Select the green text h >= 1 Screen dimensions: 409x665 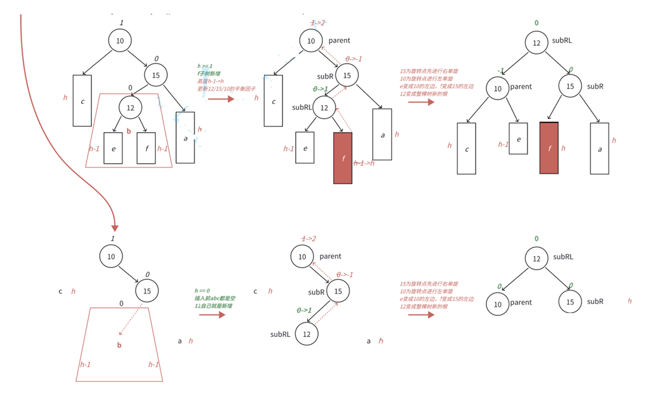pos(204,66)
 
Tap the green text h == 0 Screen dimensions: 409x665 pos(202,291)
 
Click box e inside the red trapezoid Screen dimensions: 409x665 pos(113,148)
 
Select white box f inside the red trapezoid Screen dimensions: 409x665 pos(146,148)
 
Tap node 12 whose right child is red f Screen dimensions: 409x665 pos(325,108)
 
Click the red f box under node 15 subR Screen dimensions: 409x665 pos(549,148)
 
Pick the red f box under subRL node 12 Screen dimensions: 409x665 pos(343,158)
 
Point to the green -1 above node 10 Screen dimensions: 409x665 pos(500,71)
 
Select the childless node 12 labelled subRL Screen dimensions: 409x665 pos(307,334)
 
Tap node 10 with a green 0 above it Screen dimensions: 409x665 pos(498,304)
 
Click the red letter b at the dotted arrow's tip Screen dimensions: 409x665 pos(119,345)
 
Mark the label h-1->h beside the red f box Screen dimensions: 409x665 pos(364,163)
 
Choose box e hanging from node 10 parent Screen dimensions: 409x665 pos(518,138)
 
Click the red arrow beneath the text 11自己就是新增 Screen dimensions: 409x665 pos(212,315)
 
